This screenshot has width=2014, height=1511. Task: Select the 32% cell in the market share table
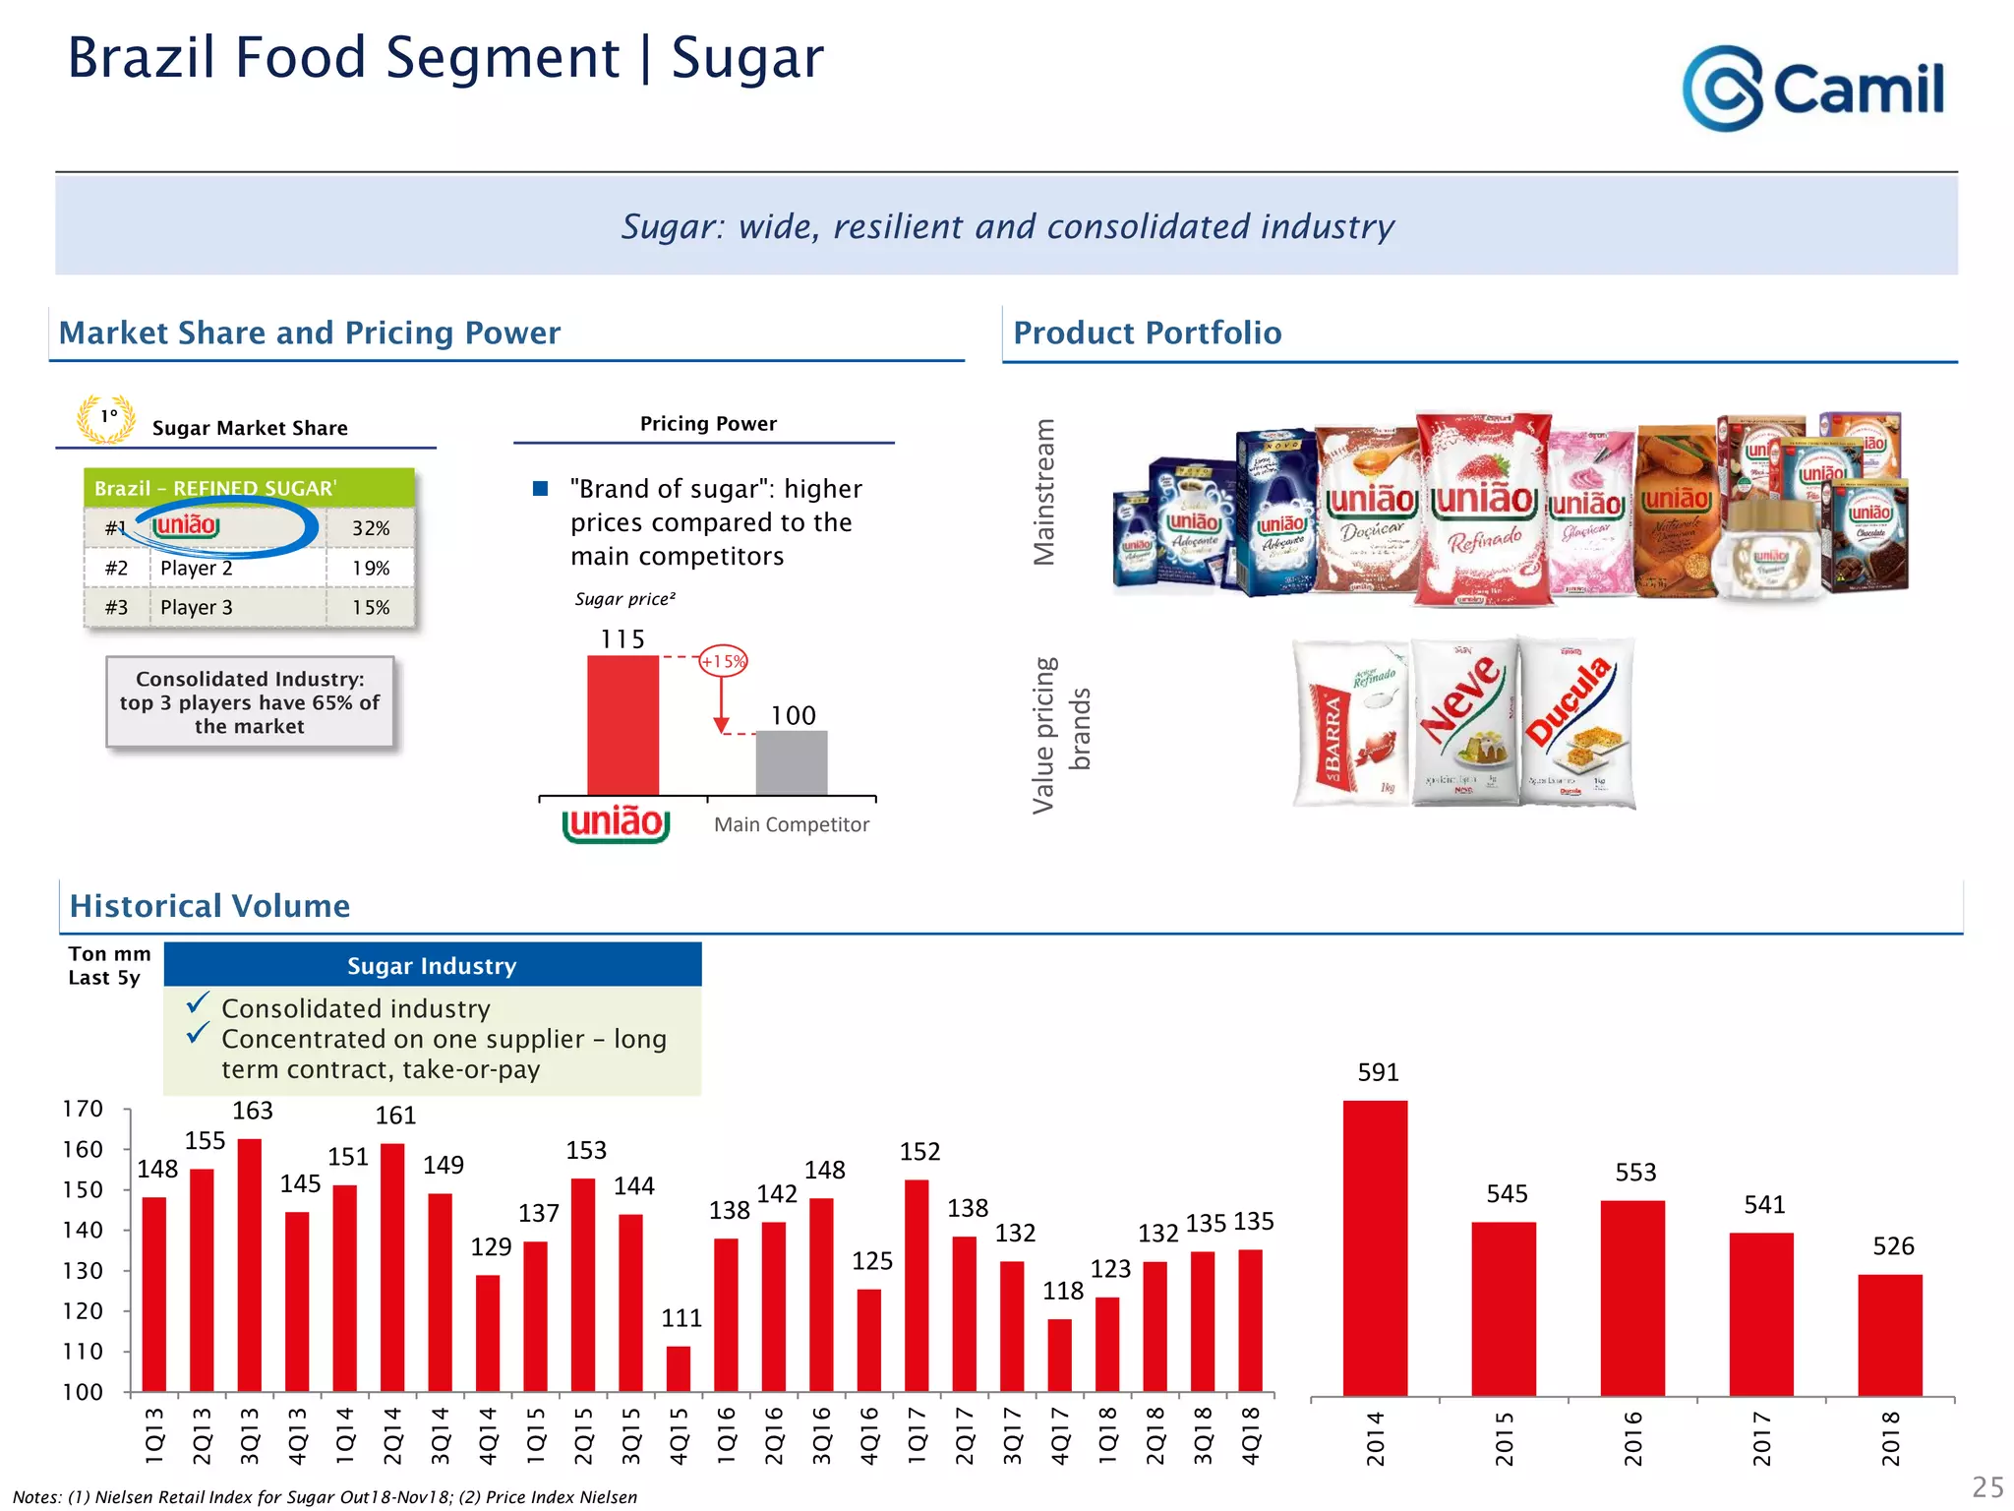point(371,528)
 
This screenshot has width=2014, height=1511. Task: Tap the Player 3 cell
point(236,607)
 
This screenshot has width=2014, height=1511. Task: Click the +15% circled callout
point(723,661)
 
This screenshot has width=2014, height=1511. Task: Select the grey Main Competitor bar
point(791,762)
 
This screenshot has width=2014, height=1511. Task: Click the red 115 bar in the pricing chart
point(622,725)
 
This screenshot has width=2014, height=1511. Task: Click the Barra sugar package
point(1351,723)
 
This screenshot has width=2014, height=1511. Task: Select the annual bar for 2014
point(1375,1246)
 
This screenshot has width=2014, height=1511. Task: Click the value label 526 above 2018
point(1893,1246)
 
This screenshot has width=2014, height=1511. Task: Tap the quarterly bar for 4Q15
point(679,1368)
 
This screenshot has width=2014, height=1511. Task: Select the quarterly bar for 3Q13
point(250,1264)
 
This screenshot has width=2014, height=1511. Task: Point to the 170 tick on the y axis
point(83,1109)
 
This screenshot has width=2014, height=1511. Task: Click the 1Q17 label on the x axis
point(917,1435)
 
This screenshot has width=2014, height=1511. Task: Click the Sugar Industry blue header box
point(433,965)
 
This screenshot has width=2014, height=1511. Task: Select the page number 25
point(1987,1486)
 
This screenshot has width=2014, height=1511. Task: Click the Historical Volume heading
point(210,905)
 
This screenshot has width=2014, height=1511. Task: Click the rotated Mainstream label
point(1044,492)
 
